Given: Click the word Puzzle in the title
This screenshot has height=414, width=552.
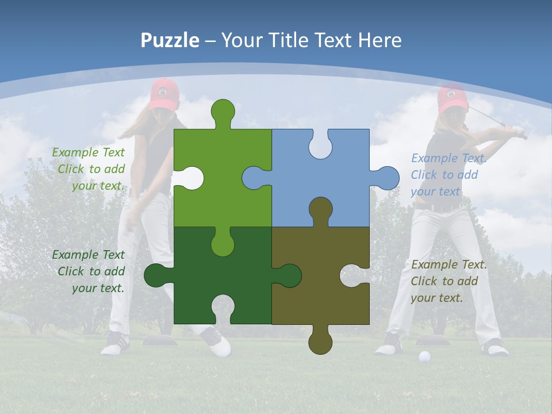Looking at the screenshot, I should point(170,40).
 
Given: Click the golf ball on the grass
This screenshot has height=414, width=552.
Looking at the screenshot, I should point(424,357).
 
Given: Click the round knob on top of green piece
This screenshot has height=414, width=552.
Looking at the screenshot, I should point(223,111).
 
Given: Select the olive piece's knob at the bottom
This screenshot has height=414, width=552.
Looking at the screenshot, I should point(320,342).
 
